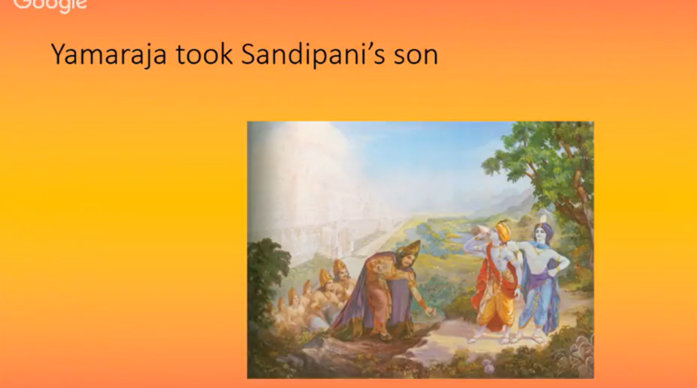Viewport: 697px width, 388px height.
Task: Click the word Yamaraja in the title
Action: tap(109, 54)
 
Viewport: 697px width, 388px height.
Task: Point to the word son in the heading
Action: tap(416, 56)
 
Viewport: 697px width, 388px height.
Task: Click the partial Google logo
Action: tap(50, 5)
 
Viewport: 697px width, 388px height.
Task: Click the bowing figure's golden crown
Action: tap(409, 249)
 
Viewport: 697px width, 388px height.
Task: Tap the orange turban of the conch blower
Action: tap(504, 231)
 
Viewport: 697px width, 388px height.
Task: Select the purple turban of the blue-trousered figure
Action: tap(544, 230)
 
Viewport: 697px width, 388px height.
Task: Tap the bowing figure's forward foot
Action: tap(386, 336)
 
